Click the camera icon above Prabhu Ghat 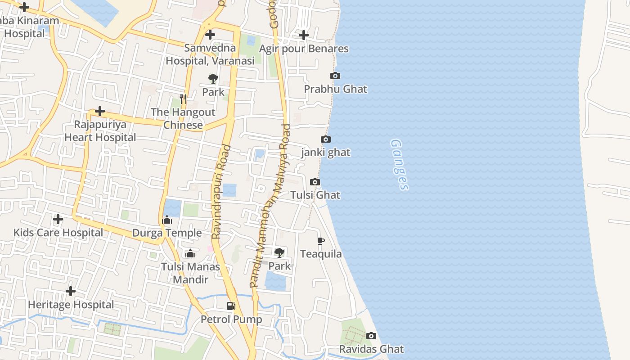pos(335,76)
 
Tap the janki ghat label pos(326,153)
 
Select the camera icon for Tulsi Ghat pos(315,182)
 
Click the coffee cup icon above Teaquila pos(321,241)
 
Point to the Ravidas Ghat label pos(371,349)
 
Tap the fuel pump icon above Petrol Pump pos(231,306)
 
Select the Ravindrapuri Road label pos(221,191)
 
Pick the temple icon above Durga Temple pos(167,220)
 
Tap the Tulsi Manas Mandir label pos(191,273)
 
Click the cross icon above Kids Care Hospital pos(58,220)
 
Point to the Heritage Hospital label pos(71,305)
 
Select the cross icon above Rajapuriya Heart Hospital pos(100,111)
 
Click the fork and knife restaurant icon pos(183,99)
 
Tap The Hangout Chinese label pos(183,118)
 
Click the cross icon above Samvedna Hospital pos(210,35)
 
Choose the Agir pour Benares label pos(304,49)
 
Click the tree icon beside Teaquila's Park pos(279,252)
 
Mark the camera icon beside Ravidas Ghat pos(371,336)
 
